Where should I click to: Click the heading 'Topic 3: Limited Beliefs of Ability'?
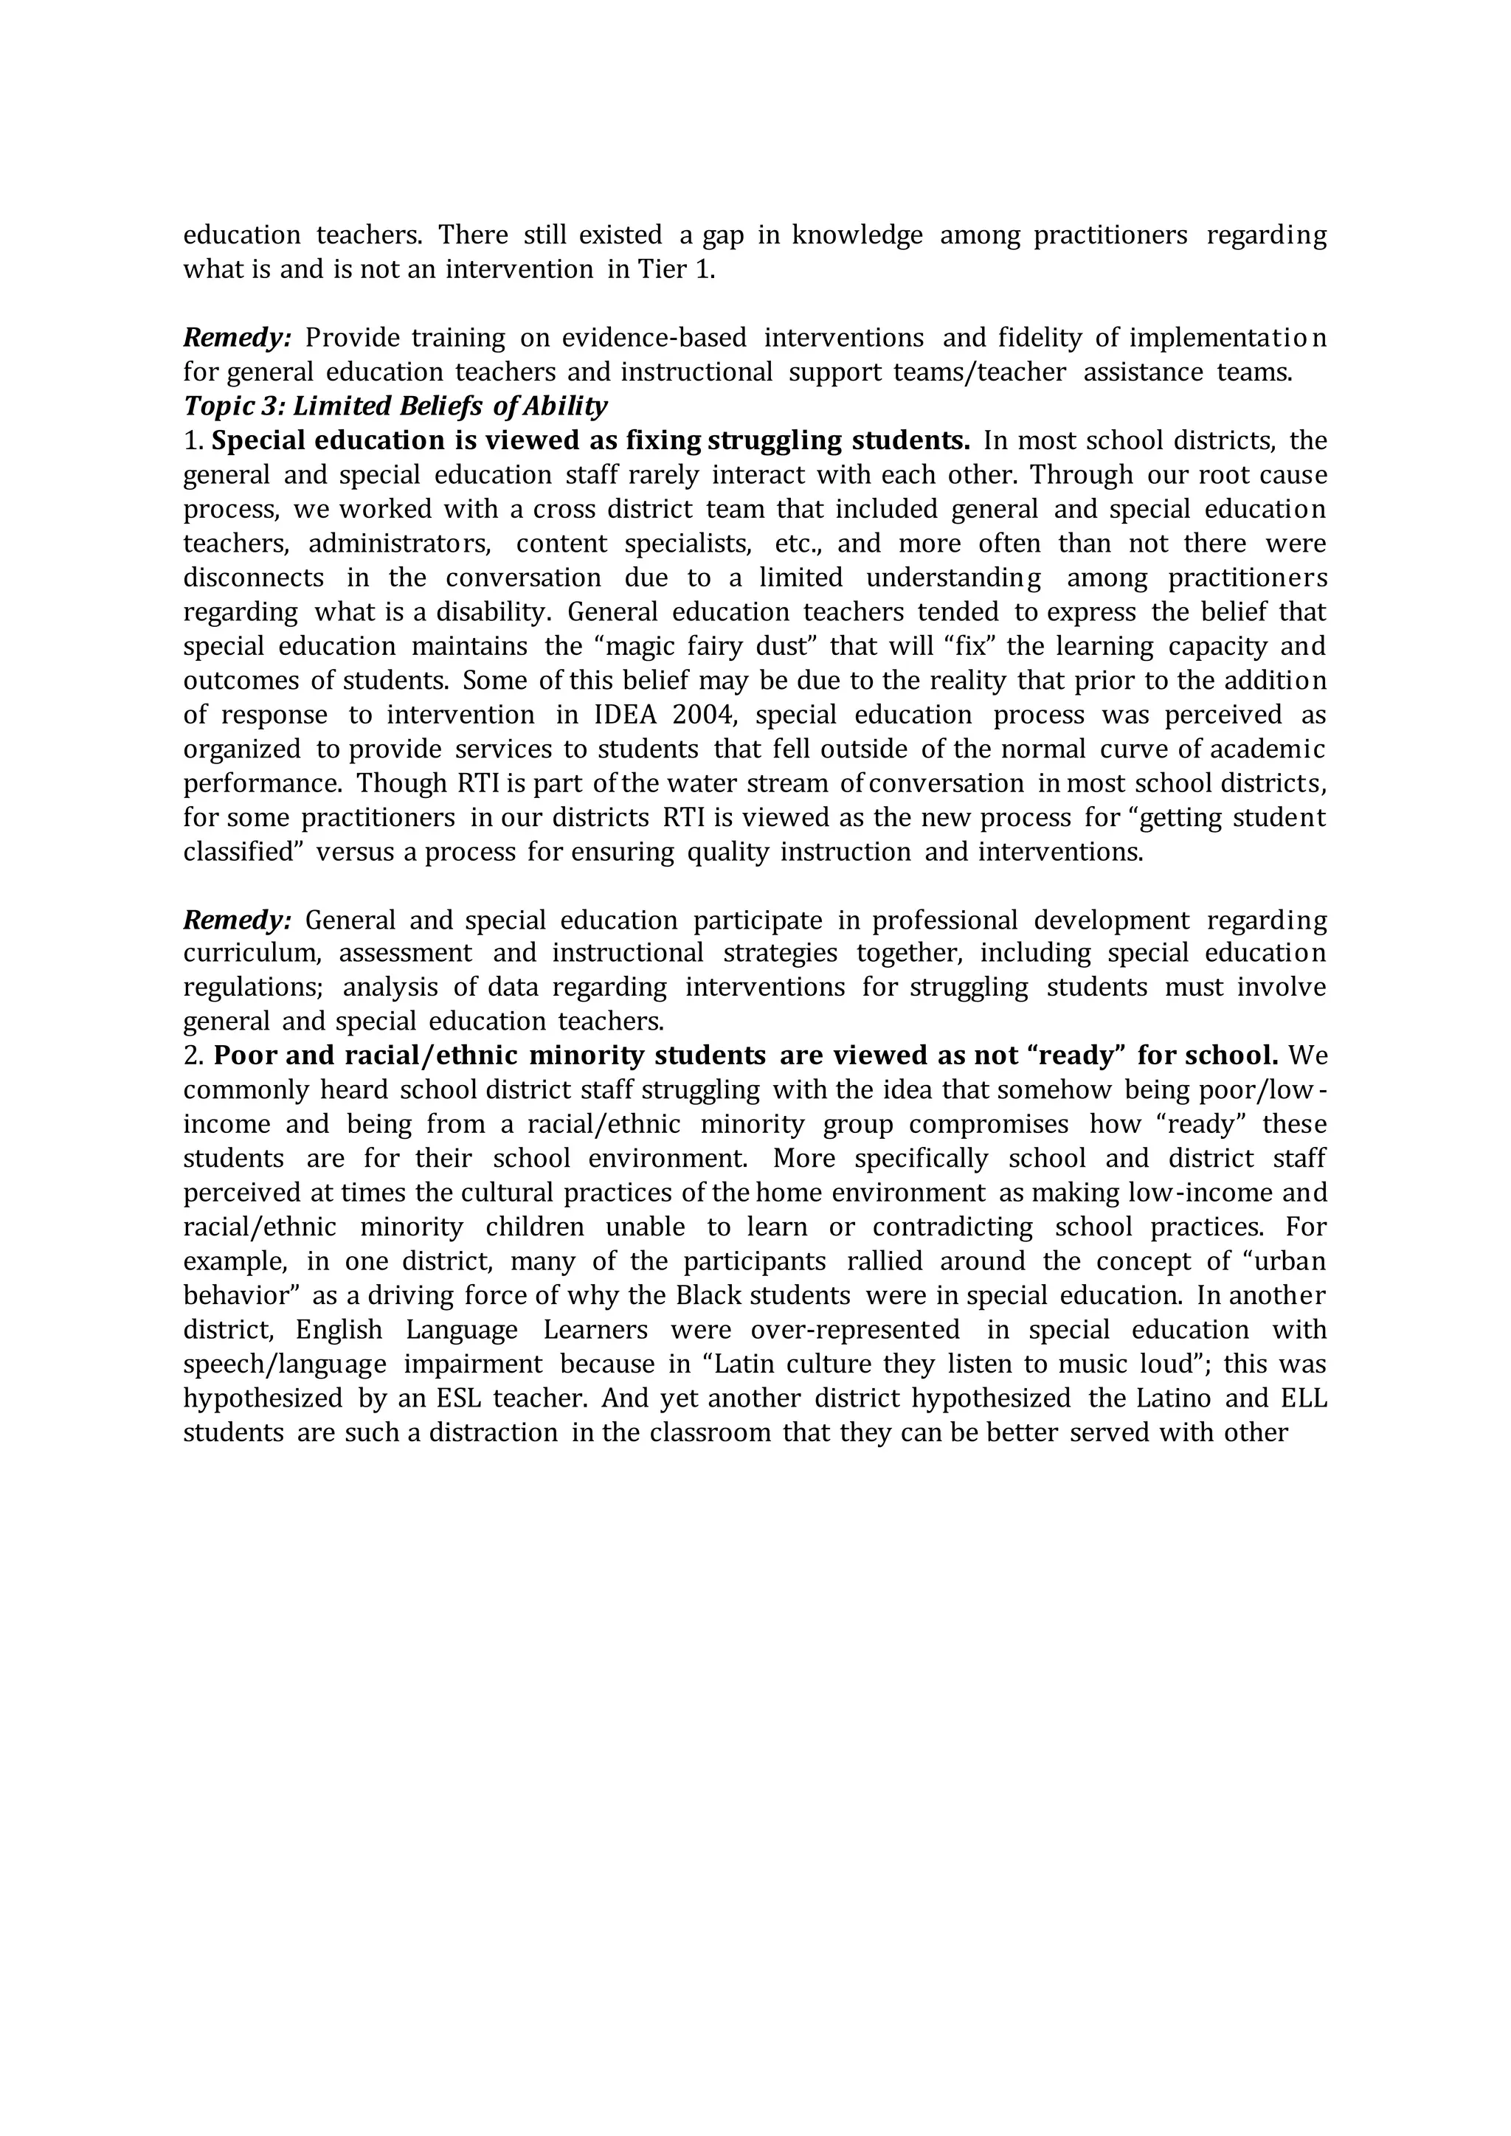click(395, 406)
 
